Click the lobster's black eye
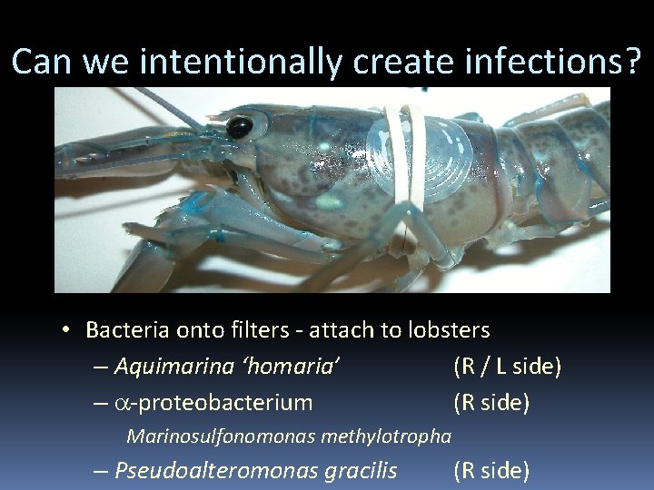tap(239, 127)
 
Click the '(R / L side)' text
tap(507, 367)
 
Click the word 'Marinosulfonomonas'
tap(218, 436)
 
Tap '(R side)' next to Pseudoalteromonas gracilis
tap(490, 470)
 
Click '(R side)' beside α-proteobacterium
tap(490, 402)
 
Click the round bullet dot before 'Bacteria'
tap(68, 330)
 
